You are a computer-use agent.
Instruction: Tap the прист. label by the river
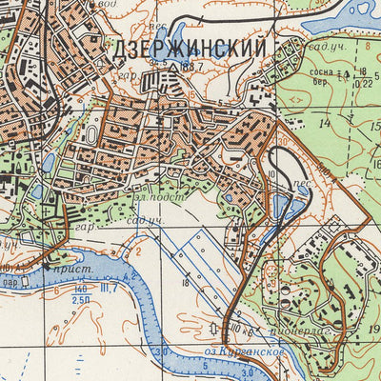(65, 271)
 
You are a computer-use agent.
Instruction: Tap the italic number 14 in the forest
(325, 124)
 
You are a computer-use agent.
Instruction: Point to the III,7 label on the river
(109, 288)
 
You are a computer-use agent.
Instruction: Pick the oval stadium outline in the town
(91, 134)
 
